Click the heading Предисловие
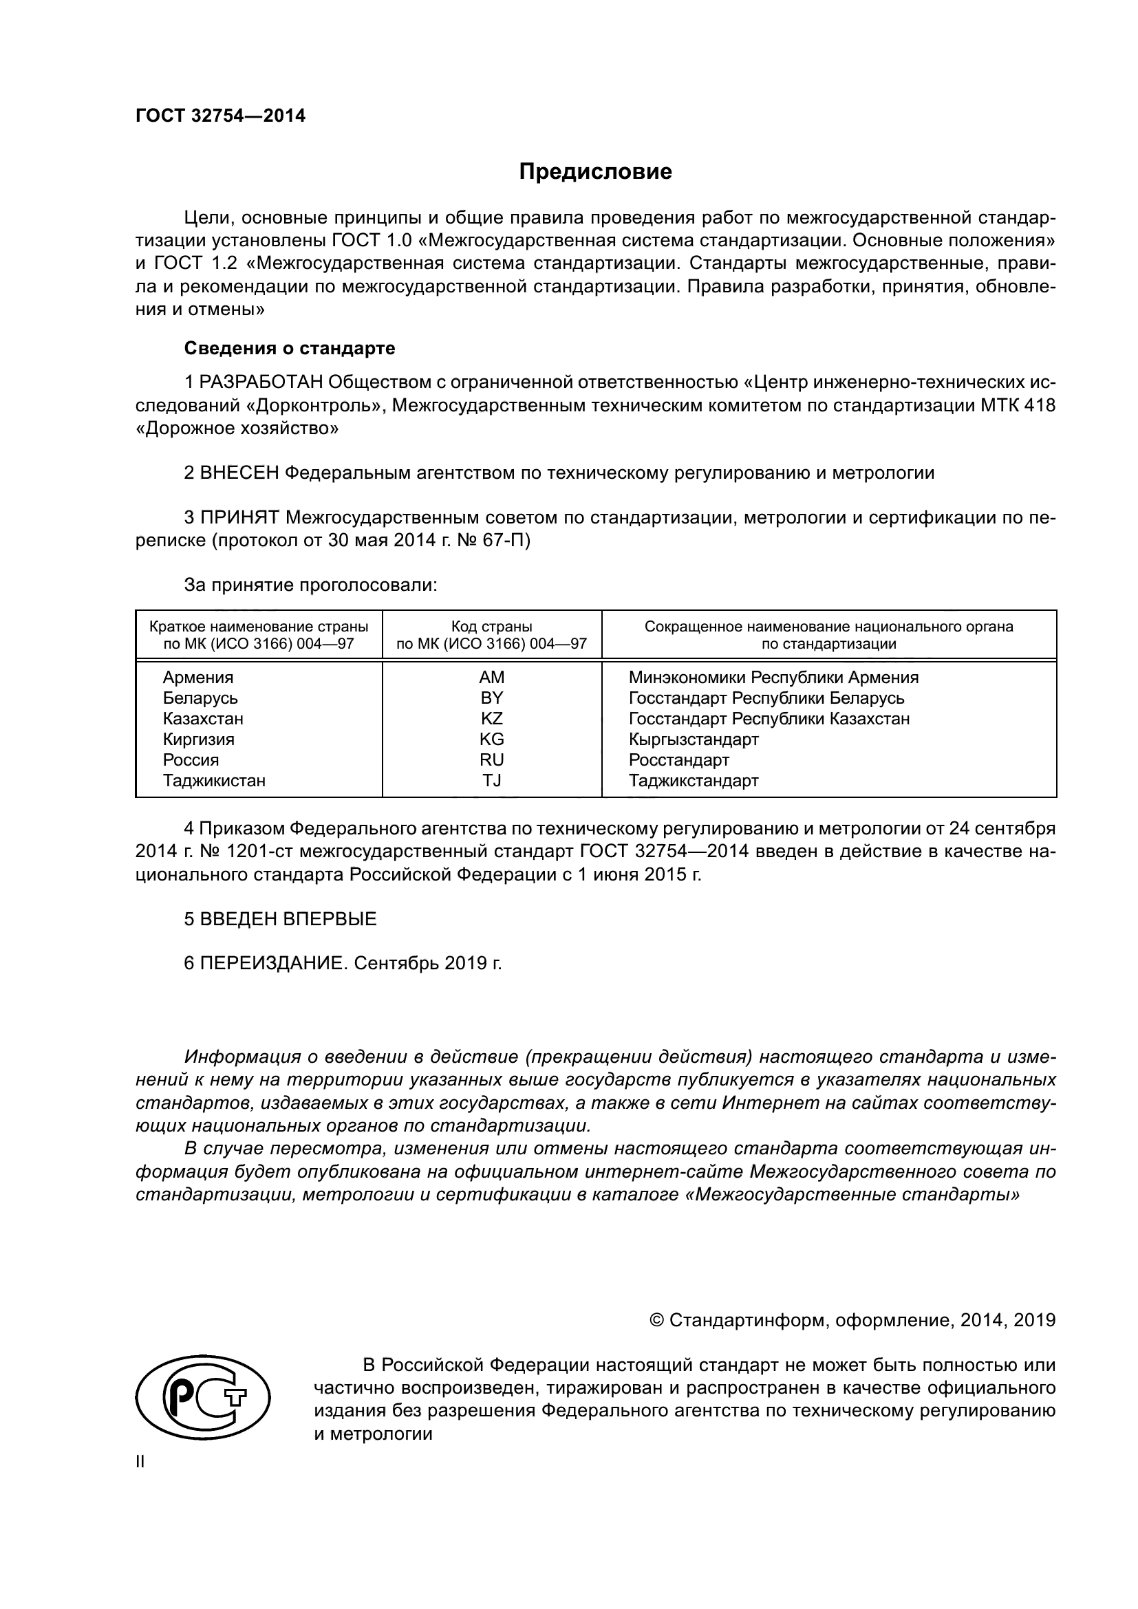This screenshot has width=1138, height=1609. (595, 172)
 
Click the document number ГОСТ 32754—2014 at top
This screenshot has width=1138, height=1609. (220, 116)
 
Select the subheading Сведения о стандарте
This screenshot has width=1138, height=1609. (290, 348)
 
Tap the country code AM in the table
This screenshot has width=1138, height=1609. (491, 678)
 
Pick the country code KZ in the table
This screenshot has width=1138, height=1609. (491, 718)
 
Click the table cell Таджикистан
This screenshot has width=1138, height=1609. (214, 781)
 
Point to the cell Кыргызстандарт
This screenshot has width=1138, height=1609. (693, 739)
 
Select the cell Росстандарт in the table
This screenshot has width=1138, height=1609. (678, 760)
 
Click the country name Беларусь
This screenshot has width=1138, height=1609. (200, 698)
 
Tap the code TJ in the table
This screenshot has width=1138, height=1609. (491, 781)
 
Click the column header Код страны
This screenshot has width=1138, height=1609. (491, 627)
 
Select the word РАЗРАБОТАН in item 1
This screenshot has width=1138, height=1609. (261, 382)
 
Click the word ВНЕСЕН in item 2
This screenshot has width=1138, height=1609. (239, 473)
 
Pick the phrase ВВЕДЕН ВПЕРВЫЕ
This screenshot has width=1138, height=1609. (288, 919)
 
